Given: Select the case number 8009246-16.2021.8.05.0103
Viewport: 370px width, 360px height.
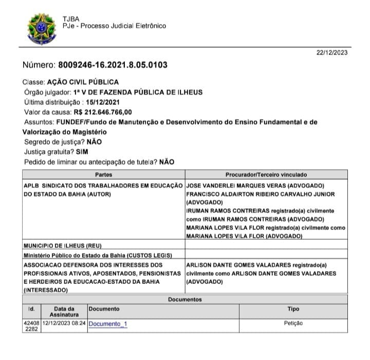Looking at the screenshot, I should [116, 65].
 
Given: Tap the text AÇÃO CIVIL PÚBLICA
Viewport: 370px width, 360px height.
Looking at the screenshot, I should [83, 82].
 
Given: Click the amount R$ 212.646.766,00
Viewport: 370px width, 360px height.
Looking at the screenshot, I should [103, 112].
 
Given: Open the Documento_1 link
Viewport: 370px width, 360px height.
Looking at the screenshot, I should [108, 324].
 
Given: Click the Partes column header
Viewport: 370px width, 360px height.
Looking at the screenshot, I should [103, 175].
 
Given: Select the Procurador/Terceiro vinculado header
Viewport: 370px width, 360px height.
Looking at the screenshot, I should [266, 175].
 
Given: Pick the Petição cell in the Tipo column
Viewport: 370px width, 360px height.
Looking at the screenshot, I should [293, 323].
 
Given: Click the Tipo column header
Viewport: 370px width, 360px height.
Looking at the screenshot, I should [293, 309].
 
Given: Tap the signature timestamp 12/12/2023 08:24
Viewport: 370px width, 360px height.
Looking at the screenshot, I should [64, 323].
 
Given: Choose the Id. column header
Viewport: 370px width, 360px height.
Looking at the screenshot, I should [31, 309].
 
